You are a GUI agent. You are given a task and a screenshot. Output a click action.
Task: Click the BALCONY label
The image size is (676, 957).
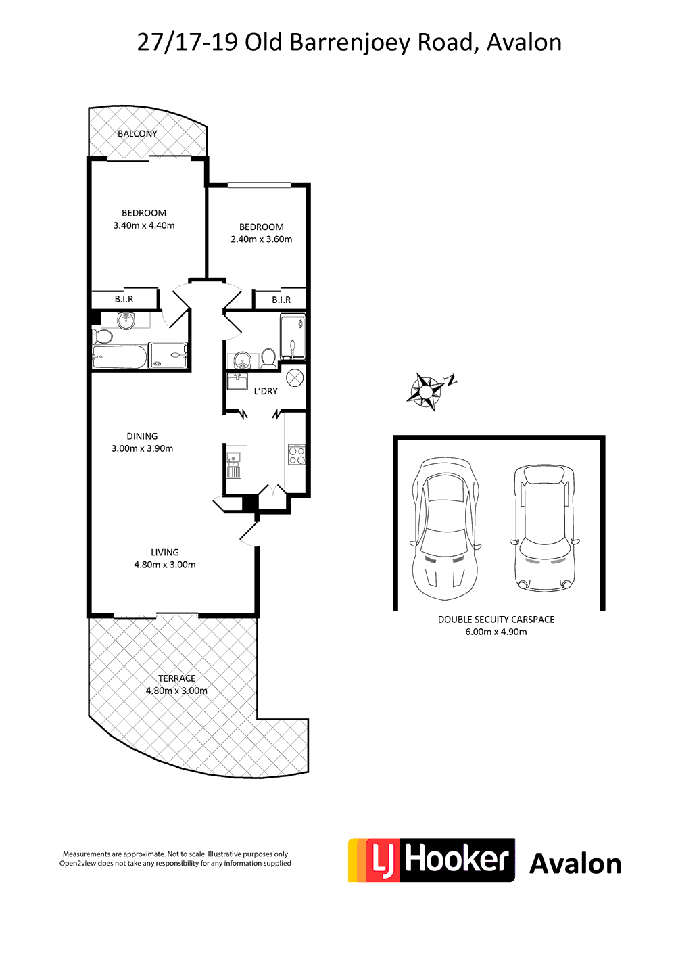[x=137, y=134]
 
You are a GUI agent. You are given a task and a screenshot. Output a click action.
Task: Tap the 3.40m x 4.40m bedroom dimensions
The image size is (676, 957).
[x=144, y=226]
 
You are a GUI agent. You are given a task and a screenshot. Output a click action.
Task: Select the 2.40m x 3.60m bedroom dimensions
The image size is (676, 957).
[x=262, y=239]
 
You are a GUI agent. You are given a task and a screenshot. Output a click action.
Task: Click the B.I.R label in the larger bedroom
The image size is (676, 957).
[x=124, y=299]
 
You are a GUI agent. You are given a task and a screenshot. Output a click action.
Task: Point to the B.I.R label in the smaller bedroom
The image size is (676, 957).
[x=281, y=300]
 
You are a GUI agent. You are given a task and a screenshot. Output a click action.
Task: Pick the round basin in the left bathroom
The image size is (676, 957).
[x=126, y=321]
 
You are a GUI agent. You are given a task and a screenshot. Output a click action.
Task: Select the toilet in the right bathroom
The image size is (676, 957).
[x=268, y=358]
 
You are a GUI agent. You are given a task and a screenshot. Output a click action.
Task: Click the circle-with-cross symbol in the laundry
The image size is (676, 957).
[x=295, y=377]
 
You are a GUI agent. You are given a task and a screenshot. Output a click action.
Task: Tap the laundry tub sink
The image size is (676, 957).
[x=237, y=381]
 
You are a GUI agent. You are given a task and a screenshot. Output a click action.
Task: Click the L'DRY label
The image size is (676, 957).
[x=266, y=391]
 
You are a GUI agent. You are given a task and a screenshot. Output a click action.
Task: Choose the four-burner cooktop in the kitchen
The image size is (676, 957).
[x=297, y=454]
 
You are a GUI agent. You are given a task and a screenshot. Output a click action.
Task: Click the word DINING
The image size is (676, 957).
[x=142, y=436]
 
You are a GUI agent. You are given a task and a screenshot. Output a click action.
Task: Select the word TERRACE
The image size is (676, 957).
[x=177, y=678]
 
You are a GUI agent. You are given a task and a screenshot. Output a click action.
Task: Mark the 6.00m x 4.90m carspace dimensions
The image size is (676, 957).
[x=496, y=632]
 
